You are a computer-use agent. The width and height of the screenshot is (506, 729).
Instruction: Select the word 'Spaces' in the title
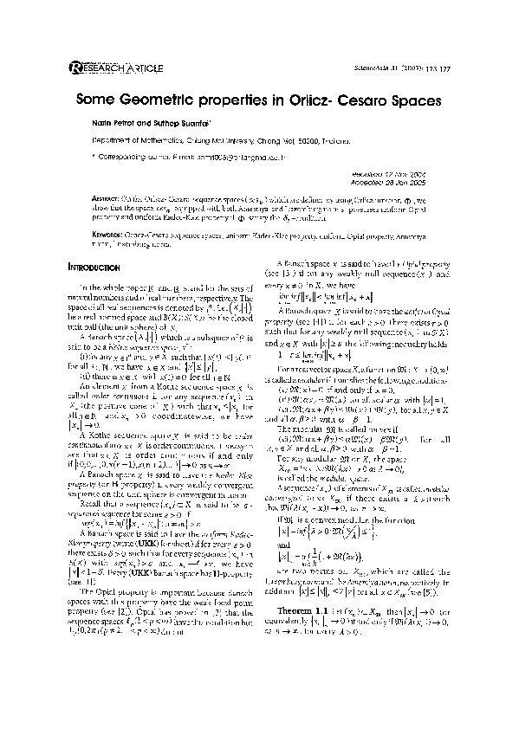[x=416, y=100]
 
